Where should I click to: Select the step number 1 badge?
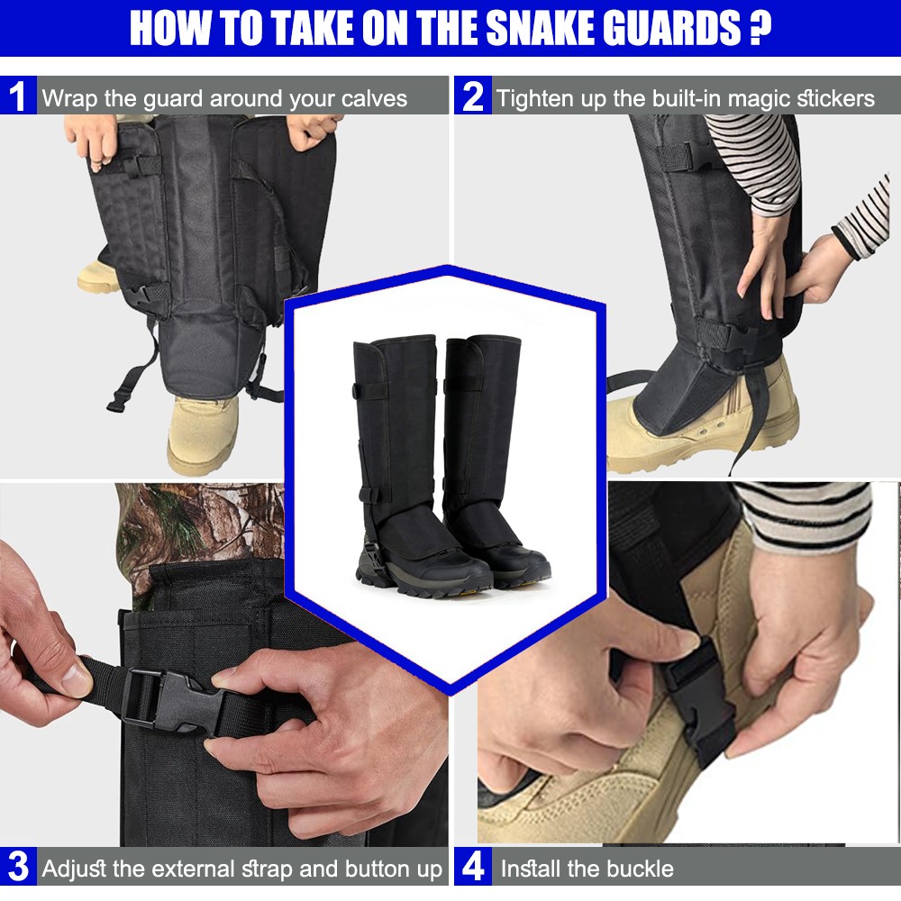pos(17,96)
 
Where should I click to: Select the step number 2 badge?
pos(472,96)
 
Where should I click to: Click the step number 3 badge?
pos(17,869)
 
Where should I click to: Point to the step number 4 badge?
pos(472,869)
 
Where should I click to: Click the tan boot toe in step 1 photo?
pos(203,432)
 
